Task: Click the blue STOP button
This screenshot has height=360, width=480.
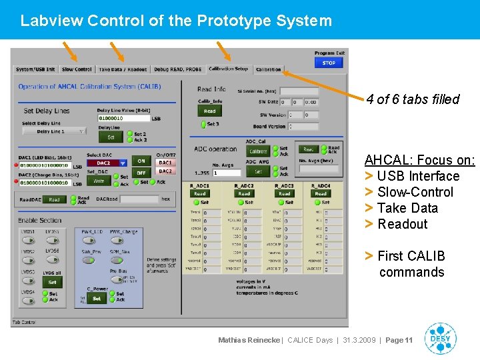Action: (x=329, y=63)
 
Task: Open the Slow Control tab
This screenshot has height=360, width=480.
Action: (x=77, y=69)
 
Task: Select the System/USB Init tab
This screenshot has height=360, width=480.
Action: (x=35, y=69)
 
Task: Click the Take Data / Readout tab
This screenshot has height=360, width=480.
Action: (x=123, y=69)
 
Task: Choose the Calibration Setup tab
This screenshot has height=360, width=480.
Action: (x=228, y=69)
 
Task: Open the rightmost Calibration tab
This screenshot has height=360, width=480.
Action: (x=269, y=69)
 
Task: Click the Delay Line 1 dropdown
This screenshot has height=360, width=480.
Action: (x=54, y=131)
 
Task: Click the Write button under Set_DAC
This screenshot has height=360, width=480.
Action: (x=99, y=181)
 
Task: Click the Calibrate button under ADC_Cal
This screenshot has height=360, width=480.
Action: (x=257, y=151)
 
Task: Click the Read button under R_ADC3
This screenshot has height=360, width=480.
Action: (x=285, y=194)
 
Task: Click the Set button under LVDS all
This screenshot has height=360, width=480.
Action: (x=52, y=283)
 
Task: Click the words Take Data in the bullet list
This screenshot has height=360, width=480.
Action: (x=407, y=208)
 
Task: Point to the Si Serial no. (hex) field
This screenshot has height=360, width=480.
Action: (x=299, y=91)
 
